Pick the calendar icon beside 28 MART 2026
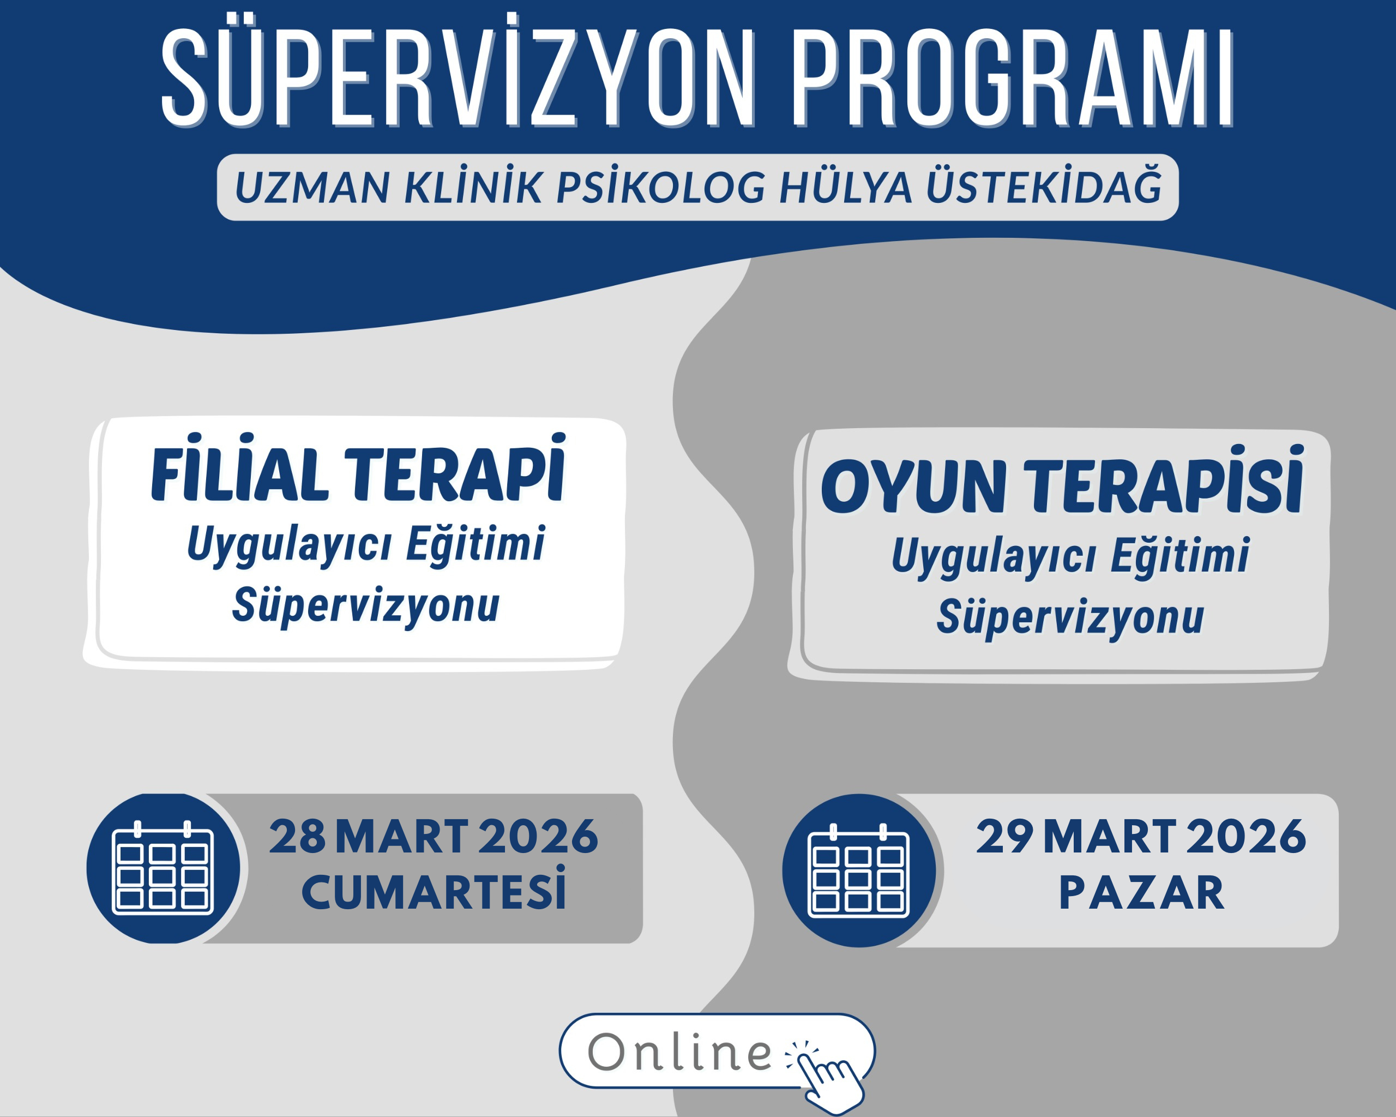point(163,868)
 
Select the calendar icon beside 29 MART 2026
point(858,871)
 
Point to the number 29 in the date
point(1004,837)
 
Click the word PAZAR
point(1141,893)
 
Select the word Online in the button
point(680,1052)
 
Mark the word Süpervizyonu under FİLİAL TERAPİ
point(366,606)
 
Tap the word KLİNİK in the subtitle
point(473,188)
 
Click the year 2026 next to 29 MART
point(1246,837)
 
